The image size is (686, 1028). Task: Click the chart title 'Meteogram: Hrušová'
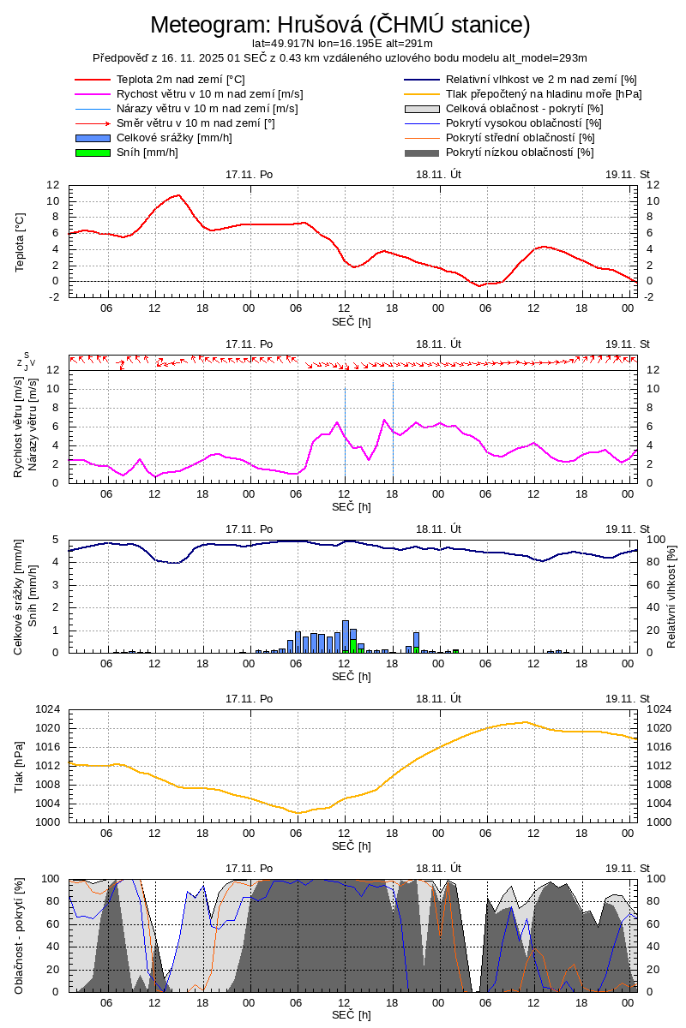pyautogui.click(x=340, y=24)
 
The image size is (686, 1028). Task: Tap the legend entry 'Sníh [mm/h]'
pyautogui.click(x=147, y=152)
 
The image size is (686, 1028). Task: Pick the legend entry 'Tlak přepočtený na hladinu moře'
pyautogui.click(x=544, y=94)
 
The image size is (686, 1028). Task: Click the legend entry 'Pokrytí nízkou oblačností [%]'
pyautogui.click(x=520, y=152)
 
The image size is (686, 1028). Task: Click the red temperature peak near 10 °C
pyautogui.click(x=178, y=195)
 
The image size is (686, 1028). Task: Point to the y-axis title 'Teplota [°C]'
pyautogui.click(x=21, y=242)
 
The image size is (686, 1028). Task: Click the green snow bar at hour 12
pyautogui.click(x=353, y=645)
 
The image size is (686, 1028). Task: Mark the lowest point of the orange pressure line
pyautogui.click(x=298, y=812)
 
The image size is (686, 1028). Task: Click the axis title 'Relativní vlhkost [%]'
pyautogui.click(x=671, y=595)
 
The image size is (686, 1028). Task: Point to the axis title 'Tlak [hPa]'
pyautogui.click(x=21, y=765)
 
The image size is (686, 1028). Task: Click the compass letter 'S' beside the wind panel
pyautogui.click(x=27, y=355)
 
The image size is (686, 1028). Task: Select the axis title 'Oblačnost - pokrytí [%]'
pyautogui.click(x=21, y=935)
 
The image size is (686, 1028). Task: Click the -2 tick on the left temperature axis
pyautogui.click(x=53, y=296)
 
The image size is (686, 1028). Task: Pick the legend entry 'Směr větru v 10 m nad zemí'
pyautogui.click(x=196, y=123)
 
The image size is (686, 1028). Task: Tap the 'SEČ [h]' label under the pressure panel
pyautogui.click(x=351, y=846)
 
